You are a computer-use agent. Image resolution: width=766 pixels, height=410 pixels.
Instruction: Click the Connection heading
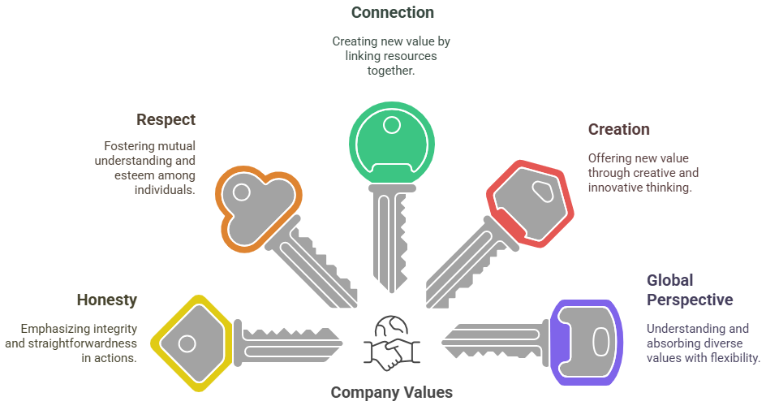[x=392, y=12]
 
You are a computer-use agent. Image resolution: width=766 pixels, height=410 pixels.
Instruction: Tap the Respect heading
[x=166, y=119]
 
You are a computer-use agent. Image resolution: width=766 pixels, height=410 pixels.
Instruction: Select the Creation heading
[x=618, y=130]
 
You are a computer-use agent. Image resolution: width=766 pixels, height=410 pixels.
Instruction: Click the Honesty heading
[x=106, y=300]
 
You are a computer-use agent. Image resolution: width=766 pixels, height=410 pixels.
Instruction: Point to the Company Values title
[x=391, y=392]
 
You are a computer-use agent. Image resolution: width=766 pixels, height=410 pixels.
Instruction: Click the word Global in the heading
[x=669, y=280]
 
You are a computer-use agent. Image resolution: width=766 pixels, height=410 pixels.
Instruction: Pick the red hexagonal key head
[x=530, y=203]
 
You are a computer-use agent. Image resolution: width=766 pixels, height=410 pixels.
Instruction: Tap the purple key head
[x=586, y=342]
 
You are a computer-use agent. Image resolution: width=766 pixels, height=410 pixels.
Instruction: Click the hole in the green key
[x=392, y=125]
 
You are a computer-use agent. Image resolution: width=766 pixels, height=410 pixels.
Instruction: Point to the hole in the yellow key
[x=187, y=343]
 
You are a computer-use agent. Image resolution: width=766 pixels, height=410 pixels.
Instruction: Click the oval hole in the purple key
[x=600, y=342]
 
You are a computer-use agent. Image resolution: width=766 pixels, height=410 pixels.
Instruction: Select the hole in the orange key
[x=241, y=192]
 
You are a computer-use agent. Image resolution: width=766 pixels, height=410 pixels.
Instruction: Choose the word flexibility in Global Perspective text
[x=735, y=358]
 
